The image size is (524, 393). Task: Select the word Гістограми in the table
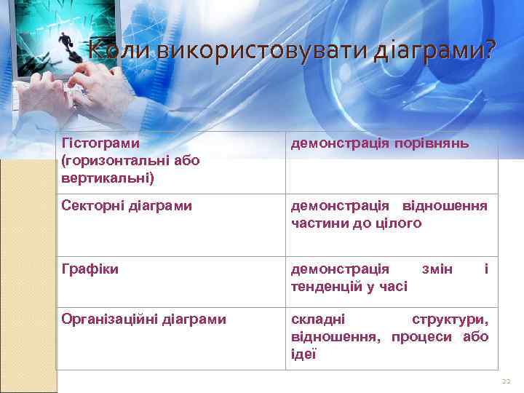101,143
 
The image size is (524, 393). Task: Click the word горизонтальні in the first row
119,159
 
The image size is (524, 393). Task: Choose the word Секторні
90,206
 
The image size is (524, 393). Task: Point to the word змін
437,269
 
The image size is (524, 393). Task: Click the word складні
318,318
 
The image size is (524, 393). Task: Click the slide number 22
507,381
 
